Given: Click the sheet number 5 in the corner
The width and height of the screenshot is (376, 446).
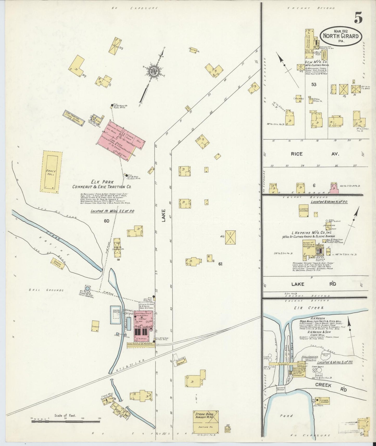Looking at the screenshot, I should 358,18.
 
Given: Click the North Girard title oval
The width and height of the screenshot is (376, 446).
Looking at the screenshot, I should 341,36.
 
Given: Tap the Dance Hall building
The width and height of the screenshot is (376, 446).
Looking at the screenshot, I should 51,172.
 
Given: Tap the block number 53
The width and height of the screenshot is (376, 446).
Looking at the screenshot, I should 314,84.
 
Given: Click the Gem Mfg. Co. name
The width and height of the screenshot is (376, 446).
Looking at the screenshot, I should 316,62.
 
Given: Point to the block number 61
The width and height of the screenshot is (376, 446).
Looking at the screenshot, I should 220,264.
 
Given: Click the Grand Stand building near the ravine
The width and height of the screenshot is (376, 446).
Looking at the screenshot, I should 58,264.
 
